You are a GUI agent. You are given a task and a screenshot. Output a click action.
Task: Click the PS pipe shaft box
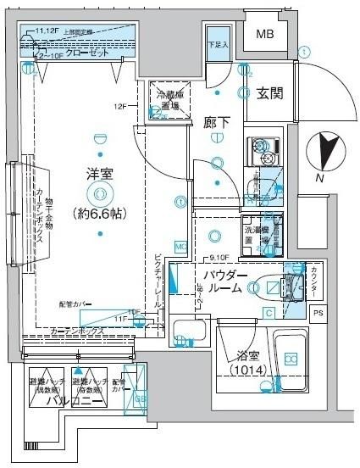(x=318, y=314)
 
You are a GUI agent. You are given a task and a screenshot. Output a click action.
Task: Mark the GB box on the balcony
(x=141, y=398)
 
